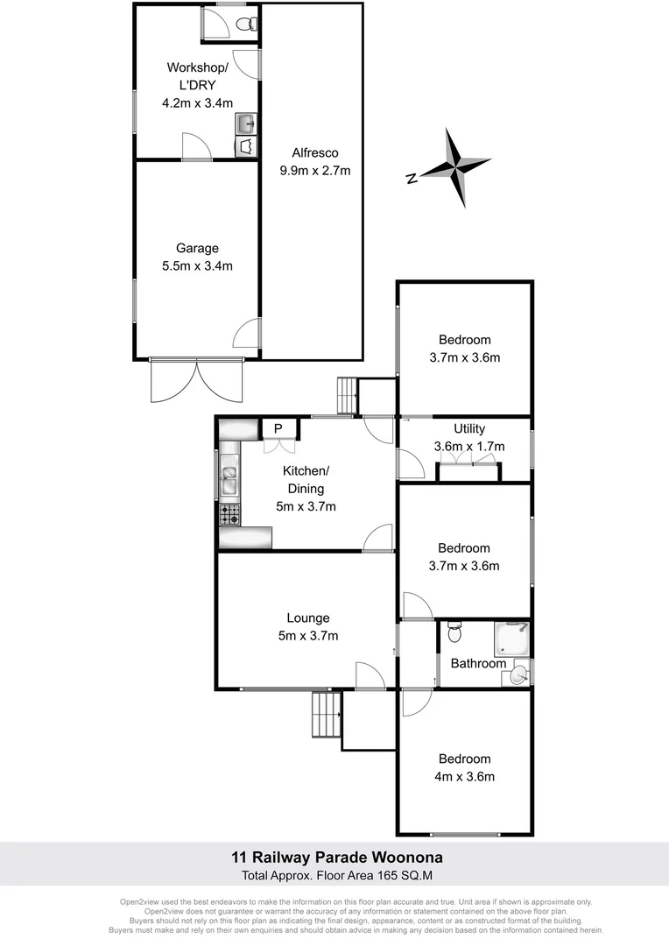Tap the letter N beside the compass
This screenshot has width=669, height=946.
tap(411, 179)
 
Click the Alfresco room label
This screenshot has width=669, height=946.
tap(314, 152)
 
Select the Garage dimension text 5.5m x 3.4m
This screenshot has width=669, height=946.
tap(197, 266)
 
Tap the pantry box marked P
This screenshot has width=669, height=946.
tap(278, 428)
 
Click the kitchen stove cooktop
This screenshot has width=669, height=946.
tap(229, 515)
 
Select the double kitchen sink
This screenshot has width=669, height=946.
tap(229, 480)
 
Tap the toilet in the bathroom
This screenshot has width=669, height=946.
tap(452, 631)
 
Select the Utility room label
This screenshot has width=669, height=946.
tap(468, 429)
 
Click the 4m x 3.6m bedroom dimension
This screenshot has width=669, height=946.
tap(464, 777)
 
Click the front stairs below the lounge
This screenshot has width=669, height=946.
tap(326, 715)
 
